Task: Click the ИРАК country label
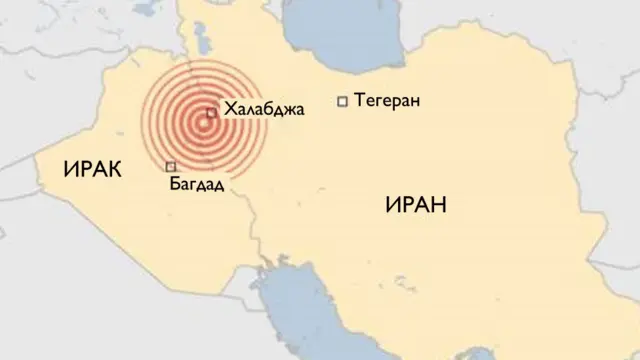(92, 171)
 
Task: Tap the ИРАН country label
(414, 205)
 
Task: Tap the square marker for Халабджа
(211, 113)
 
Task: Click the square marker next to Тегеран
(343, 100)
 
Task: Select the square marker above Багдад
(171, 166)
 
